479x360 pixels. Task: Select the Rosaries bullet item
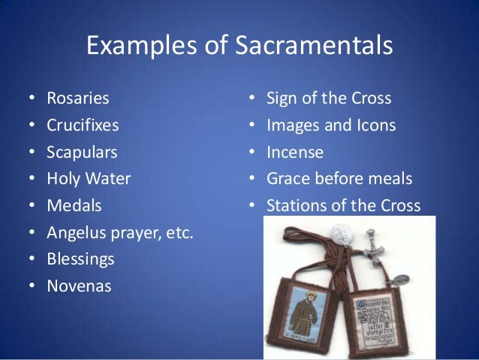tap(77, 98)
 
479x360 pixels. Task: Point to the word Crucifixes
tap(83, 126)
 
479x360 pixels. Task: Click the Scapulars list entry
tap(82, 153)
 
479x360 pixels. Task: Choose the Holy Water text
tap(89, 179)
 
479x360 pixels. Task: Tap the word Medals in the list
tap(74, 205)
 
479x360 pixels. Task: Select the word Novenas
tap(79, 286)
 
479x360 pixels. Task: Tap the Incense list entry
tap(295, 153)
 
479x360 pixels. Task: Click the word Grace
tap(288, 179)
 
